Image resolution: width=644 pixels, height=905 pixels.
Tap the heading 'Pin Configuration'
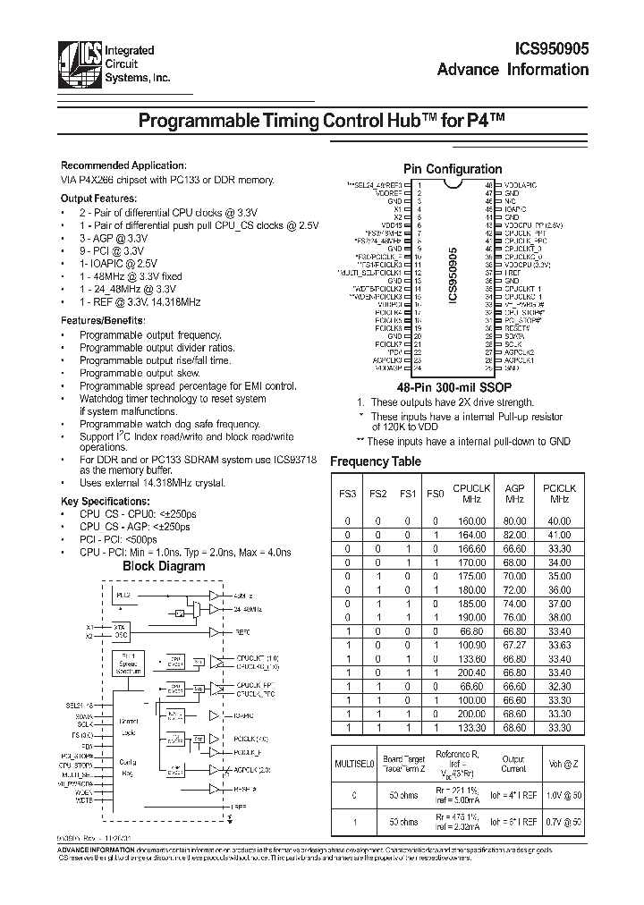pos(453,169)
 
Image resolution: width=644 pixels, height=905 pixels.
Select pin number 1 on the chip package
pos(418,184)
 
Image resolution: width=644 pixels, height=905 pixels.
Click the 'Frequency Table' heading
pos(376,461)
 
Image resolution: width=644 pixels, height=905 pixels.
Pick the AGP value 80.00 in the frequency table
pos(514,520)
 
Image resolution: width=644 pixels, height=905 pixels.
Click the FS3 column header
pos(346,494)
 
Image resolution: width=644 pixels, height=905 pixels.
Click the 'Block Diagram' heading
pos(164,566)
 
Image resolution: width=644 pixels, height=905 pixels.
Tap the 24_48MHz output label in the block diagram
pos(250,609)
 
